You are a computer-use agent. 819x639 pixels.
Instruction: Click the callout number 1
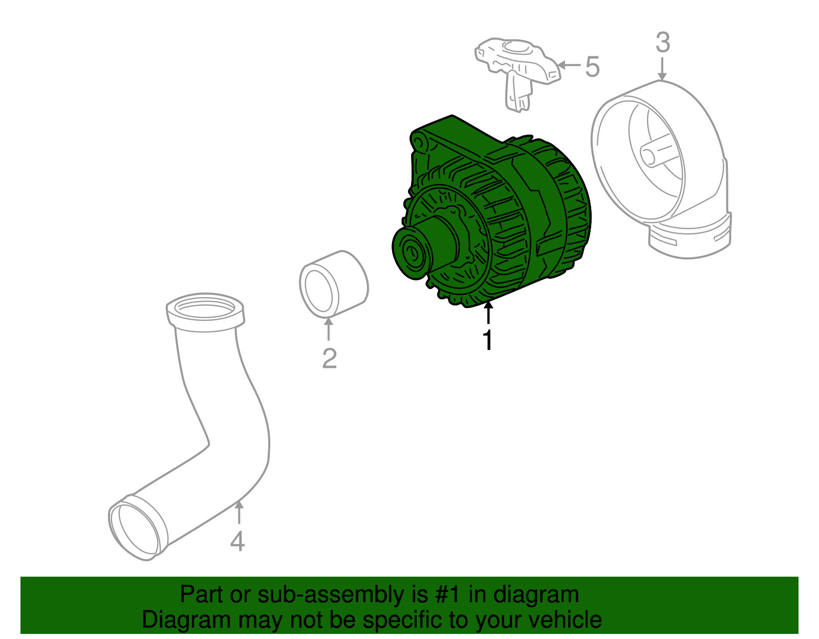tap(488, 340)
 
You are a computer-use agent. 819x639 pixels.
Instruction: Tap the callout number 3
tap(662, 43)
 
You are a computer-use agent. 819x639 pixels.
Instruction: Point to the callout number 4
tap(238, 541)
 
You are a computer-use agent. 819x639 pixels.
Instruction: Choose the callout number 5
tap(592, 67)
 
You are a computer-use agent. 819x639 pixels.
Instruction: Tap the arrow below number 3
tap(662, 70)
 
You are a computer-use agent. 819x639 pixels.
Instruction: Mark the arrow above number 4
tap(238, 513)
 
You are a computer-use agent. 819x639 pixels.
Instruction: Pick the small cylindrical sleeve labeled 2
tap(333, 282)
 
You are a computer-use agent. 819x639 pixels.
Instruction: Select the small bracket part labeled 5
tap(517, 69)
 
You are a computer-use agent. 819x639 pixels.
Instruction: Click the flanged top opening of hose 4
tap(205, 310)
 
